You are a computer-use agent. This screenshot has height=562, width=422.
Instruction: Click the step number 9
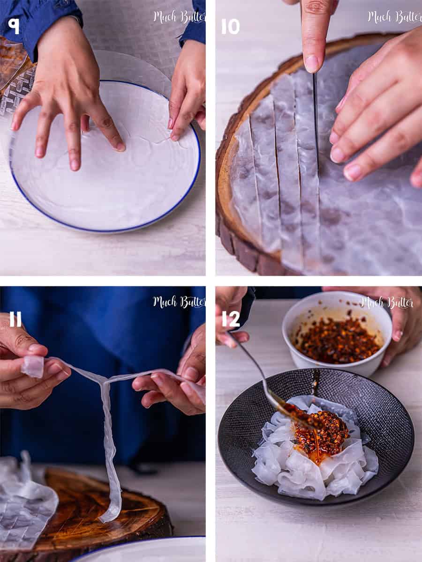click(x=14, y=26)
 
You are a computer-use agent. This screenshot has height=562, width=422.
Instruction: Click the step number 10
click(x=230, y=26)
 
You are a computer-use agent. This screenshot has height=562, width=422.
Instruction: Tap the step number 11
click(x=15, y=319)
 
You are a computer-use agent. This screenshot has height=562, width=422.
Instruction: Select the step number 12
click(x=231, y=319)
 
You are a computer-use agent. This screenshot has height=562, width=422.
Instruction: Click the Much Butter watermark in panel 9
click(x=178, y=17)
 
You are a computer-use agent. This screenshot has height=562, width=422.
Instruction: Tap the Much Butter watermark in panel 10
click(x=393, y=17)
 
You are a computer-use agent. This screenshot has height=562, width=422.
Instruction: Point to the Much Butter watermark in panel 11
click(x=178, y=302)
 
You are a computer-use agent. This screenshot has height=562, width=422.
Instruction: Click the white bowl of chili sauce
click(x=337, y=333)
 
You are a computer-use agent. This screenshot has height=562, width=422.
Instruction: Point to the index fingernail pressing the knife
click(x=312, y=63)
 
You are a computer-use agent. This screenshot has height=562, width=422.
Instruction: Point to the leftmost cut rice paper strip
click(x=244, y=187)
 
